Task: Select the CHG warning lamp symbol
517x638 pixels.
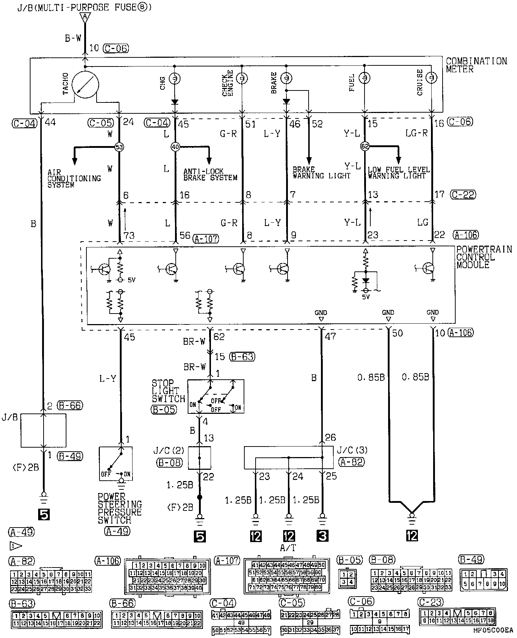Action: click(x=175, y=78)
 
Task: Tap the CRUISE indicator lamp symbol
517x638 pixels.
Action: click(x=431, y=77)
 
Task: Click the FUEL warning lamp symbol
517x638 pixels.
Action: click(x=364, y=77)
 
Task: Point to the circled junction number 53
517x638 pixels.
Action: click(x=119, y=147)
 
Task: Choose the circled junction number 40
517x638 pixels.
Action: click(x=175, y=147)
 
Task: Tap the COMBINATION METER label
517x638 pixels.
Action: click(x=476, y=65)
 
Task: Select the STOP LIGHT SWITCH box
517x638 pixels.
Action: click(x=216, y=396)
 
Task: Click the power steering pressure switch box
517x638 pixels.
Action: click(x=115, y=464)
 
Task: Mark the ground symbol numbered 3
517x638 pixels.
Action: click(x=322, y=536)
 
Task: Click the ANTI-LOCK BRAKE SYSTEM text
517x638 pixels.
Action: click(x=210, y=174)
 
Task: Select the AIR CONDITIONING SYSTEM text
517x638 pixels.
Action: click(x=74, y=178)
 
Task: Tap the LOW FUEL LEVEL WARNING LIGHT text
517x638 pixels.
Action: click(x=398, y=173)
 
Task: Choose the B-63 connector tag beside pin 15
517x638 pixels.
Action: click(x=242, y=357)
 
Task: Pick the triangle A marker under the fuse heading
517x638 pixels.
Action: click(x=85, y=17)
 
